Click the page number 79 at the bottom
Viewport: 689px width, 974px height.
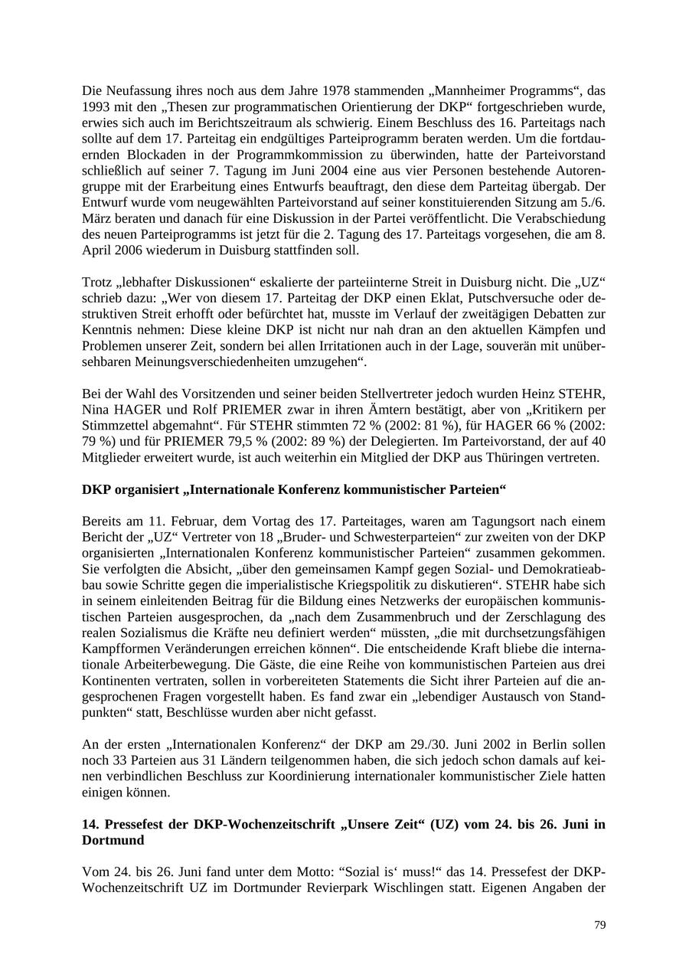(x=599, y=925)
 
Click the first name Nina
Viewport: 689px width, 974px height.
(x=96, y=410)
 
